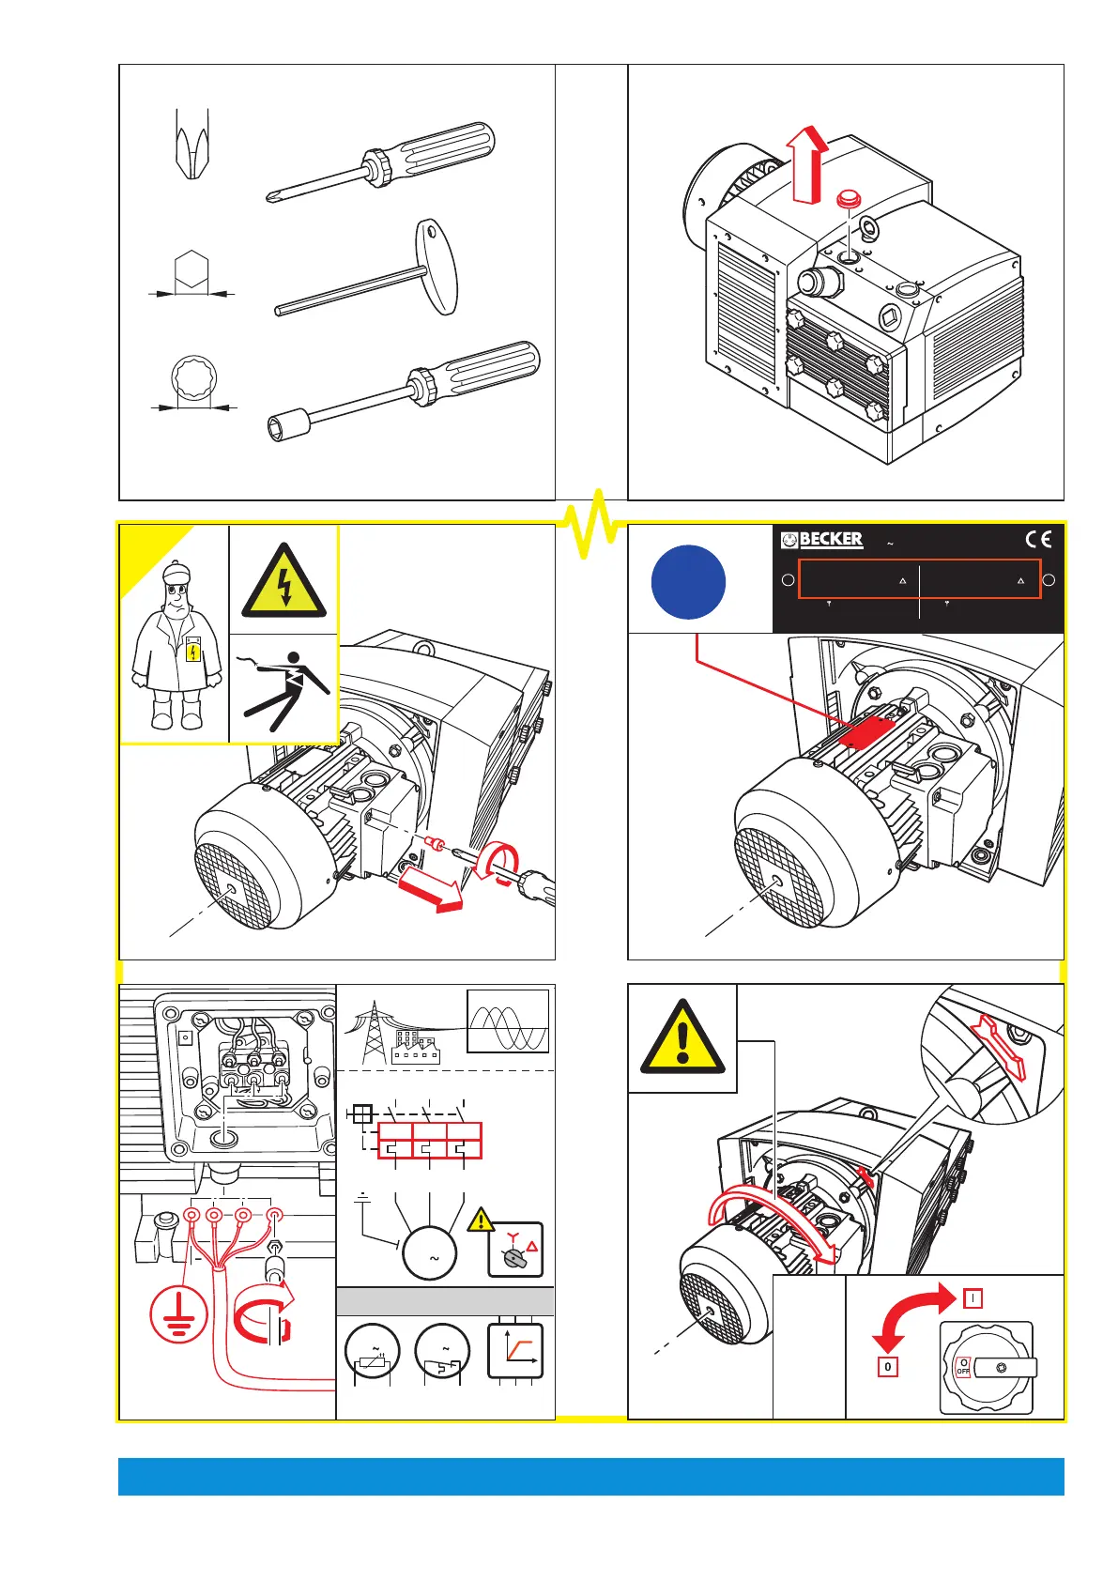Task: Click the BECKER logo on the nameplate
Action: point(822,539)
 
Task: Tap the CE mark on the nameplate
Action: point(1038,539)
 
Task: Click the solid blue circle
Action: point(688,581)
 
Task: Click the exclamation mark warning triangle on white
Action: point(682,1039)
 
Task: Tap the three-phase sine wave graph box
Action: point(508,1021)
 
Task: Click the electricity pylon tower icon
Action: point(374,1033)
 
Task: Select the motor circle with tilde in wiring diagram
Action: point(430,1252)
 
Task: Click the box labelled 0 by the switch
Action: point(888,1366)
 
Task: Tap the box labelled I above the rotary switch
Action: point(973,1298)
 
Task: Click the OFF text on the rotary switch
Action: point(963,1371)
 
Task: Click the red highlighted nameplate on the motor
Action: point(867,731)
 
